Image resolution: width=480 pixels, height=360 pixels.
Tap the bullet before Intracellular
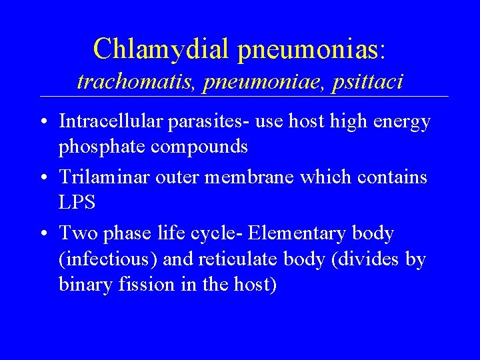tap(42, 123)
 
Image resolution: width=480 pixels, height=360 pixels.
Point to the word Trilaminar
tap(102, 178)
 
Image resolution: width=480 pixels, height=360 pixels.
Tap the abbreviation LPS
tap(77, 201)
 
